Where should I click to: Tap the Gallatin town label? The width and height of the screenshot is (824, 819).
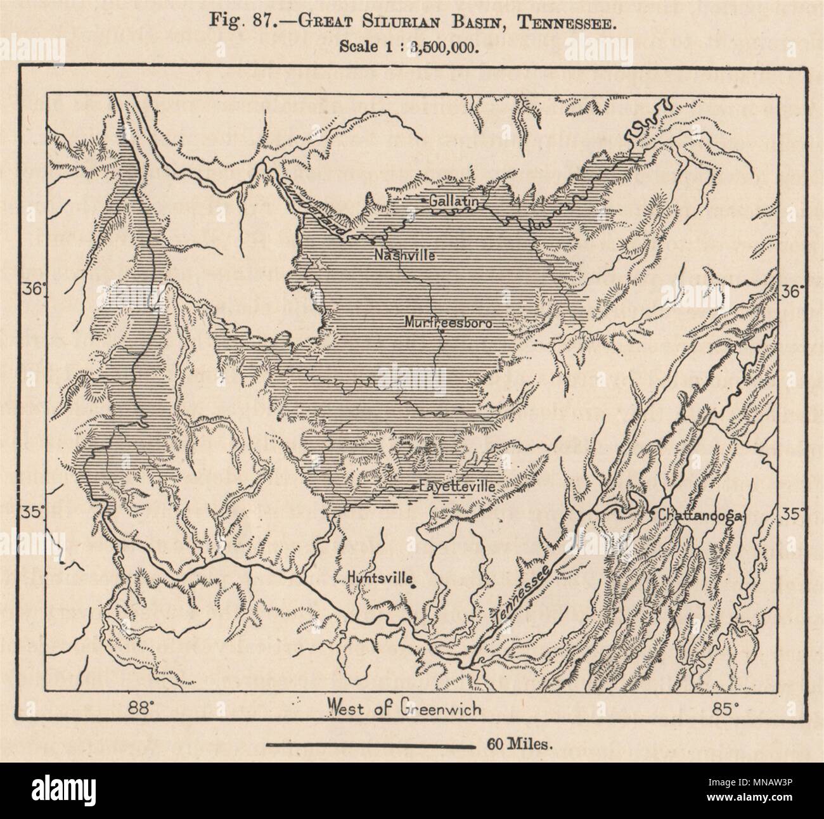[452, 200]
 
